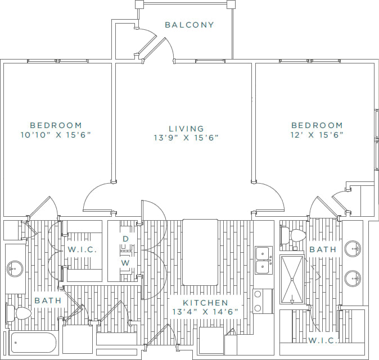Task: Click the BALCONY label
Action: point(189,25)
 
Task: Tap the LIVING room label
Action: point(186,128)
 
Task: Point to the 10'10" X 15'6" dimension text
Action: point(56,135)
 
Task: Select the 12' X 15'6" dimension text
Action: point(317,135)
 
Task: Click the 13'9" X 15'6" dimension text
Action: point(186,138)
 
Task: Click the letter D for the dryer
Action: point(126,239)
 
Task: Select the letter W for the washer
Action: point(126,262)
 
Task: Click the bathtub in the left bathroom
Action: point(34,342)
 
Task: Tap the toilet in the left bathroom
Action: point(20,312)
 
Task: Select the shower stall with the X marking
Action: point(292,279)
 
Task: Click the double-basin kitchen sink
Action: point(263,260)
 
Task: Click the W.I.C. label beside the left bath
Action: point(83,249)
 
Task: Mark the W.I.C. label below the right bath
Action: point(323,340)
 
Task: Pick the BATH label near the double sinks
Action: point(323,249)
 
